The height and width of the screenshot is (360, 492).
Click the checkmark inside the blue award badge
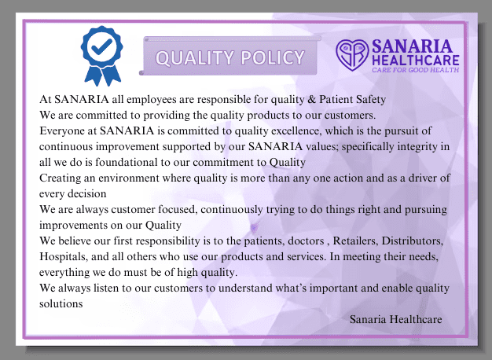101,46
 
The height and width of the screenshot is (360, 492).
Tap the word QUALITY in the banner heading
195,58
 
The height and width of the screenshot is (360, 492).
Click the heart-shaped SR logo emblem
352,54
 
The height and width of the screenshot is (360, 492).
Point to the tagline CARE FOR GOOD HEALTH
416,70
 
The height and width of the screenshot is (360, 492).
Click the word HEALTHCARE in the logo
416,60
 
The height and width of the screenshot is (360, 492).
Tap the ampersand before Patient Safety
311,99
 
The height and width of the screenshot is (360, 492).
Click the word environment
129,178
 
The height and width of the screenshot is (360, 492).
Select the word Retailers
355,241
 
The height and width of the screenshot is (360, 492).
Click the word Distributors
413,241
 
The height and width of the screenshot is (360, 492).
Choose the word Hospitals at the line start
64,257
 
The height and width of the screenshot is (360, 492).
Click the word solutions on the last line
61,303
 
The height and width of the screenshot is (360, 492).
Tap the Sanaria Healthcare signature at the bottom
395,319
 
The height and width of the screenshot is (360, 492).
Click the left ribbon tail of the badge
93,75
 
